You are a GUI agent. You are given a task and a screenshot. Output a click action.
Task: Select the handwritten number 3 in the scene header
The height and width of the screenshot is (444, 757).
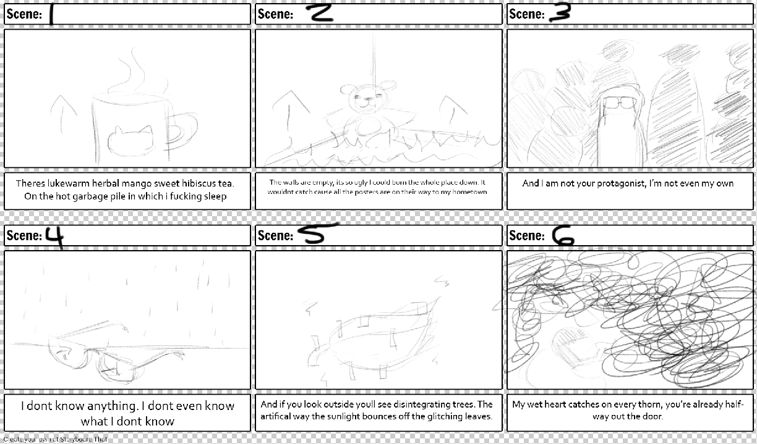(x=558, y=13)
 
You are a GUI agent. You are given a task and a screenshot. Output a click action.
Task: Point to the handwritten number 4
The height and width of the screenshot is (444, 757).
(x=55, y=235)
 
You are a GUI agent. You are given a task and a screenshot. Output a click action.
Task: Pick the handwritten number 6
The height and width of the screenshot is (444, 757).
(x=563, y=235)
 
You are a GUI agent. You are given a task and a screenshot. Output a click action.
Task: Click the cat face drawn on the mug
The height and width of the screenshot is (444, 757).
(x=130, y=140)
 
